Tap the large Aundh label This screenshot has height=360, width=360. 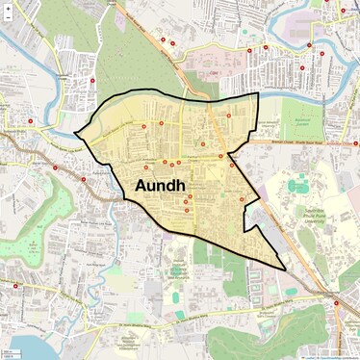point(160,184)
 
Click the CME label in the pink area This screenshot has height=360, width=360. point(215,72)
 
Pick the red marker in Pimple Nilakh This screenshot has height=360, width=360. point(93,81)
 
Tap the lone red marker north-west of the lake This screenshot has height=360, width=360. point(16,286)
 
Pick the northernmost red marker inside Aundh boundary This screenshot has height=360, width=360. point(229,116)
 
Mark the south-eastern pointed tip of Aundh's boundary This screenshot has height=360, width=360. point(285,269)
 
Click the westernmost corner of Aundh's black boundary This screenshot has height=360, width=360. point(75,133)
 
